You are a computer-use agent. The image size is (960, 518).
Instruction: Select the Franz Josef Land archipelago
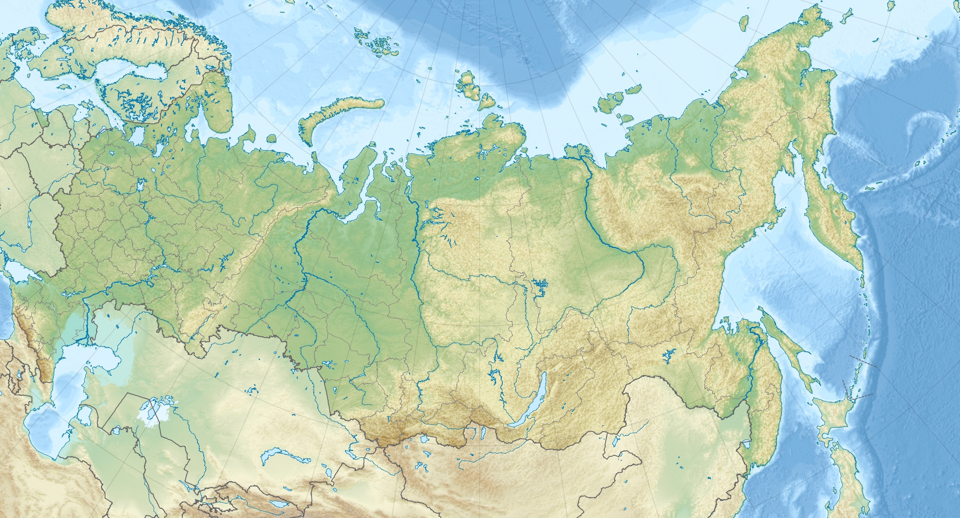[376, 43]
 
